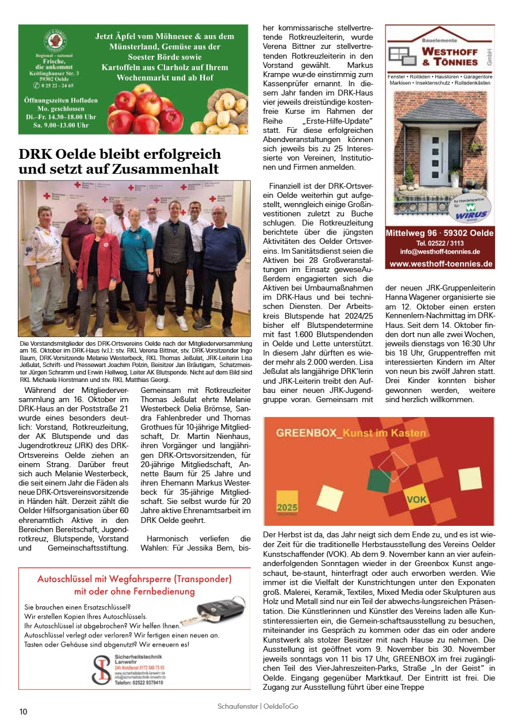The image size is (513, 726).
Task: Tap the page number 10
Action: [x=23, y=712]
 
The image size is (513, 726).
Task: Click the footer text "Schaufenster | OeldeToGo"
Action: [x=258, y=706]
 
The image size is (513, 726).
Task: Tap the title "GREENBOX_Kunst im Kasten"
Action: [x=351, y=433]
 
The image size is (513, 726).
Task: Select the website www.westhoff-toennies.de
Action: [x=441, y=264]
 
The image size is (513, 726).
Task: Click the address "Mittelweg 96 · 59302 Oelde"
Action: [x=440, y=233]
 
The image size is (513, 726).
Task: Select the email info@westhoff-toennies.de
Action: [x=440, y=252]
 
